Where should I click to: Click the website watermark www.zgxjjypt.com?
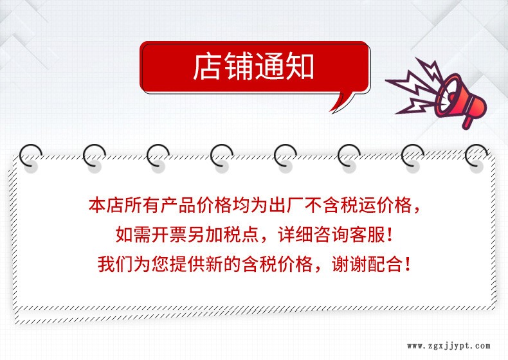tap(448, 346)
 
